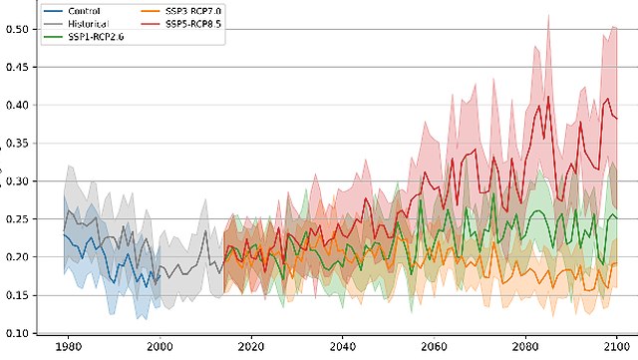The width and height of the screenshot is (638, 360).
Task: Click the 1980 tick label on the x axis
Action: [x=68, y=348]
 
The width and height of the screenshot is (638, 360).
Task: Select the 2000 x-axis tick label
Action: [x=159, y=348]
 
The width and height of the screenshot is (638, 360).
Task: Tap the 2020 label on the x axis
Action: [x=250, y=348]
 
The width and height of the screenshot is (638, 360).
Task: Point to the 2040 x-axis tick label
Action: [x=342, y=348]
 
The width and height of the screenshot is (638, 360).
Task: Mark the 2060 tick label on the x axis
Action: [x=434, y=348]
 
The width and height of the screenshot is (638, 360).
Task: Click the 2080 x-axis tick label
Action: [x=525, y=348]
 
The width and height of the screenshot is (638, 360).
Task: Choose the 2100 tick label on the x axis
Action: [x=616, y=348]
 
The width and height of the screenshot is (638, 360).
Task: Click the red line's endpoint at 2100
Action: [x=617, y=119]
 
